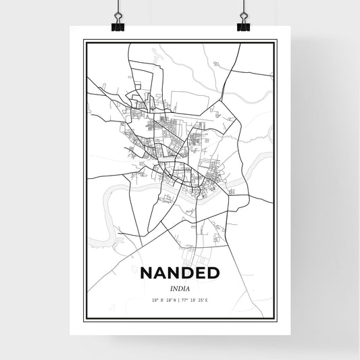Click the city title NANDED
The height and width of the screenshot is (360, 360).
(x=180, y=273)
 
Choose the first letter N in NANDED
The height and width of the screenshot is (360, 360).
(x=147, y=273)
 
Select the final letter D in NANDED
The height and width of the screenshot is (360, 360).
(x=213, y=273)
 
